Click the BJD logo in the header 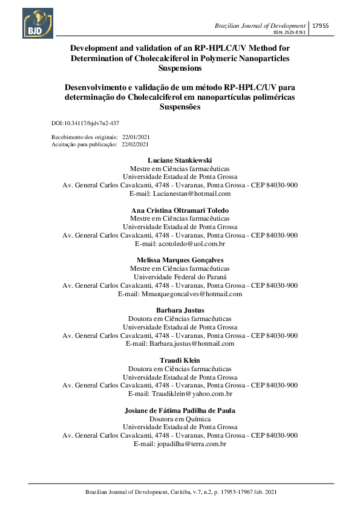(38, 23)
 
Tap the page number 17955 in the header (319, 26)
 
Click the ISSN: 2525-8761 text (290, 32)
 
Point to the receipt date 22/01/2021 (136, 138)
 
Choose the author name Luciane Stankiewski (180, 160)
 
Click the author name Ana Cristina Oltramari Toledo (180, 210)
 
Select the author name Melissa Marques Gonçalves (180, 261)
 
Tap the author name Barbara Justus (180, 310)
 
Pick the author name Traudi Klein (180, 360)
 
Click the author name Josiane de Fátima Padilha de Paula (180, 410)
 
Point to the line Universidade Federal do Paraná (180, 277)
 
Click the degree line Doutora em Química (180, 418)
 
